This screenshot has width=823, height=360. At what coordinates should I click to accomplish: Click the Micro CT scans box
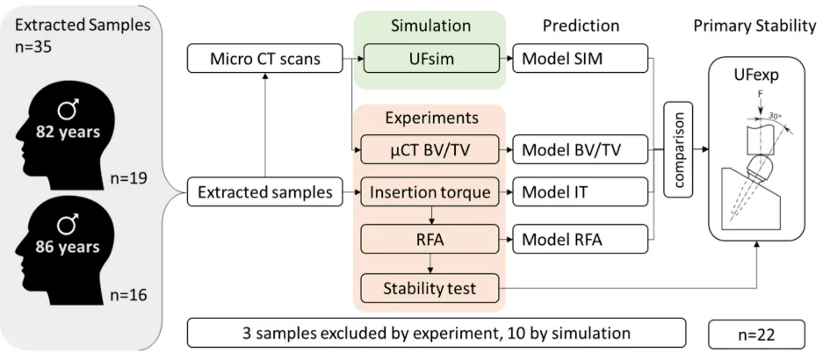point(264,58)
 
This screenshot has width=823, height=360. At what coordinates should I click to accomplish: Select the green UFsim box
point(430,58)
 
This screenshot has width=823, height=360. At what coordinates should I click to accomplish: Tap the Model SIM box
point(580,58)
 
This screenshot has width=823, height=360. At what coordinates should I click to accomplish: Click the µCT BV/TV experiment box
point(430,149)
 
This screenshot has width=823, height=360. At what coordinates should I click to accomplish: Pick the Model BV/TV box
point(580,149)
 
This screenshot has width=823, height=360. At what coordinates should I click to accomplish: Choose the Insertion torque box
point(430,192)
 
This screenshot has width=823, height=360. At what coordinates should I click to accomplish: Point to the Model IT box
point(580,192)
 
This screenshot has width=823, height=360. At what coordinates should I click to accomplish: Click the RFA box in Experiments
point(430,240)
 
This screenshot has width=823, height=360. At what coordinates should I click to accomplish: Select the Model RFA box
point(580,240)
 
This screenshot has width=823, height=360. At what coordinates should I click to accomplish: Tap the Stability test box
point(430,288)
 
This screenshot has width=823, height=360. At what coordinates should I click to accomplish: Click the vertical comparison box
point(678,149)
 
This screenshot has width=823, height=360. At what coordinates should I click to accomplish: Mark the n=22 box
point(756,334)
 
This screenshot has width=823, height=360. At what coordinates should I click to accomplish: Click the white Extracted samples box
point(264,192)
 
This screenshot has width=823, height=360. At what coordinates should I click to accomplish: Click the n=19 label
point(127,179)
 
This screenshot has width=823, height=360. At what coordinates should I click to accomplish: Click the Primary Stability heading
point(754,26)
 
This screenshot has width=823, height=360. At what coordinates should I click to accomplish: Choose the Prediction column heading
point(581,25)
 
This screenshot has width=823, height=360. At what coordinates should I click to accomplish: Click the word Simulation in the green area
point(430,25)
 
